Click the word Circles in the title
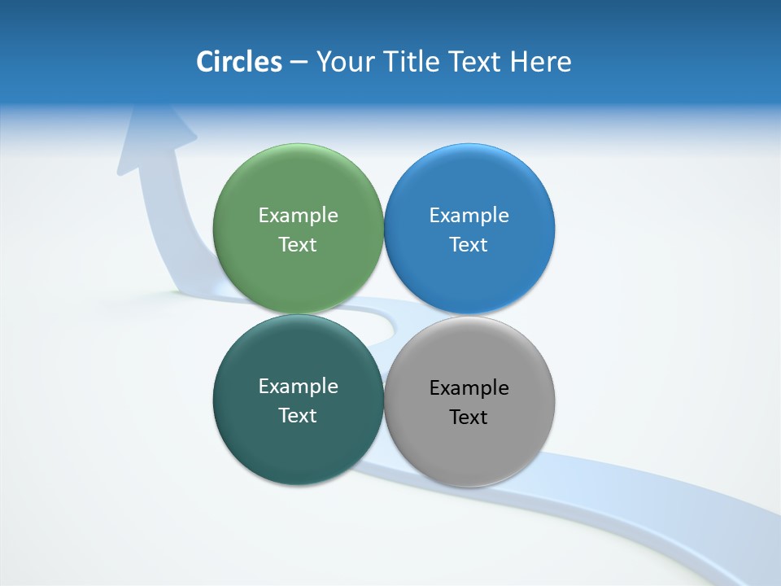click(x=238, y=62)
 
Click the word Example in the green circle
click(x=298, y=215)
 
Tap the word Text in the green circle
click(x=298, y=244)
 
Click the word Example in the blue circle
click(x=469, y=215)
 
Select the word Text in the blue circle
click(x=469, y=244)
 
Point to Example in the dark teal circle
click(x=298, y=386)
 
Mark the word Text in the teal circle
click(x=298, y=415)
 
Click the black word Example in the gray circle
click(x=469, y=387)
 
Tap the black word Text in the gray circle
click(x=469, y=417)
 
